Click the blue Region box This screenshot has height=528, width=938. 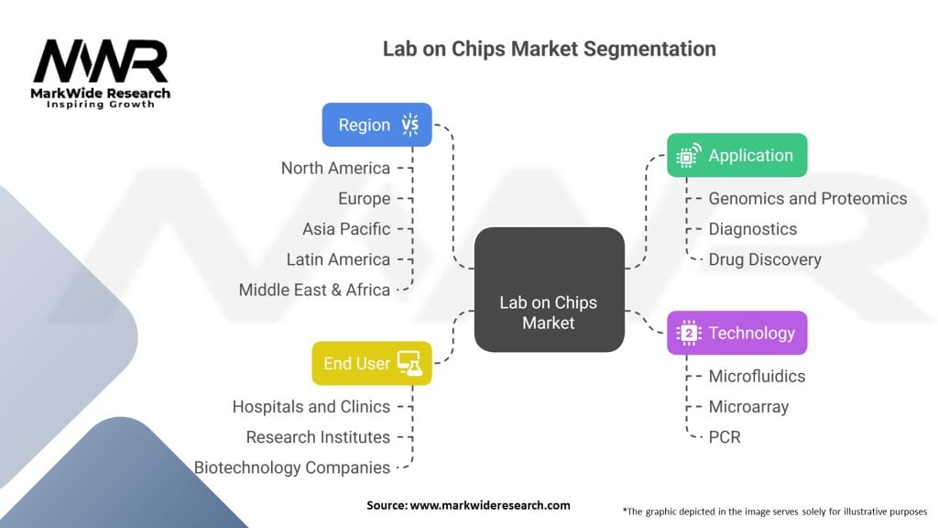376,125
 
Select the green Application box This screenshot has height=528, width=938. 736,155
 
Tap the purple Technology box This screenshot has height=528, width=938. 736,333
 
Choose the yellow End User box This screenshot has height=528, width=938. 371,363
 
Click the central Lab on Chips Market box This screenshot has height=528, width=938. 549,290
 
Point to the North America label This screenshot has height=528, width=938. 335,168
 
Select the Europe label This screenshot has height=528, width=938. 364,199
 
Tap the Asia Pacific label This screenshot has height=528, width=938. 346,229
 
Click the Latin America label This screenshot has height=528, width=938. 338,259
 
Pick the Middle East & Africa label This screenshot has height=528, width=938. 314,290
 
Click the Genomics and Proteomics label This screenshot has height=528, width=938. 808,198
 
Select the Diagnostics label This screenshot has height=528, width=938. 753,229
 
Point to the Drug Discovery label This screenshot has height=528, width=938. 765,259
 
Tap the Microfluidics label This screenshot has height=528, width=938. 757,376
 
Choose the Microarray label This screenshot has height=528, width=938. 748,406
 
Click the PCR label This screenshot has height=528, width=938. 725,436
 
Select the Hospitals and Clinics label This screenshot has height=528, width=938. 311,406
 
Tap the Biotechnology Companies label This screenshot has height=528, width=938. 292,467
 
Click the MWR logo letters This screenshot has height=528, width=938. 101,62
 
